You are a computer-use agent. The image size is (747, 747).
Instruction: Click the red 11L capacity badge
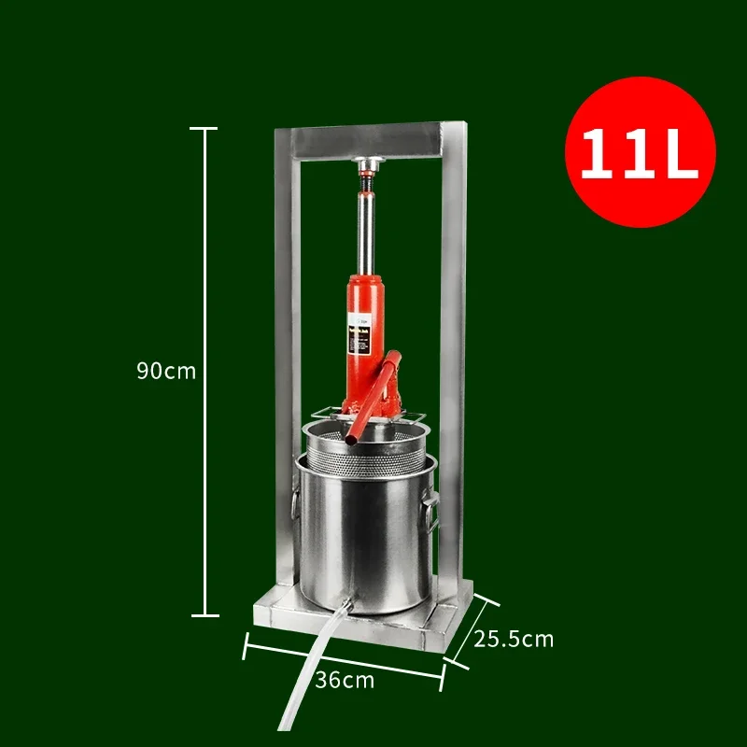click(640, 152)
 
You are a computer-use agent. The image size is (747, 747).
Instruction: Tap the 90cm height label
click(166, 370)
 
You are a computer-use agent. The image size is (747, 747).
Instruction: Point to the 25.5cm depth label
click(514, 639)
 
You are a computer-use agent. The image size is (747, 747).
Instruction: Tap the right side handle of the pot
click(432, 513)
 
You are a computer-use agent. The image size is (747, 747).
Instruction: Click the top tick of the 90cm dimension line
click(204, 128)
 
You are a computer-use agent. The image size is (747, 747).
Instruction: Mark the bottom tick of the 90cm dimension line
click(204, 615)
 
